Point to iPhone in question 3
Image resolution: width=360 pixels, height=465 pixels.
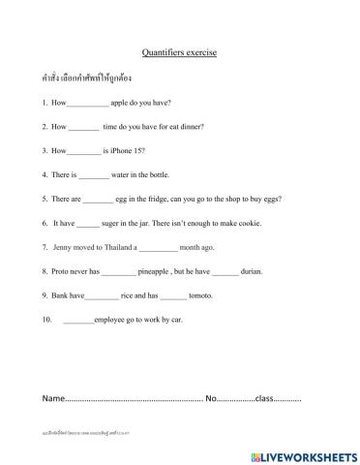coord(124,151)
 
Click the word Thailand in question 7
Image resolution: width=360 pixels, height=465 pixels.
coord(116,247)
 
